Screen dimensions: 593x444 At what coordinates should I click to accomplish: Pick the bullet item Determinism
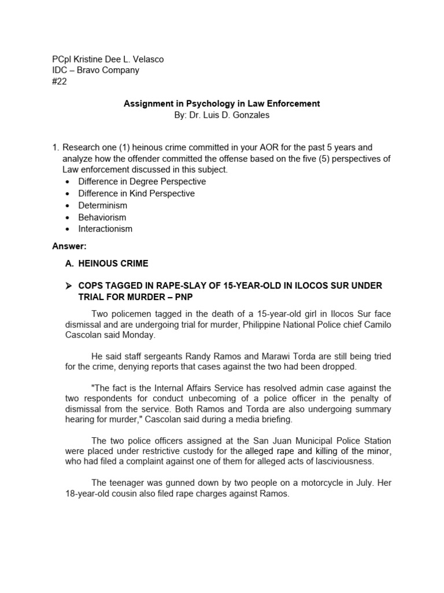pos(103,205)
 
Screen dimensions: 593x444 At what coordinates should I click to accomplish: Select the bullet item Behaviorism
pos(102,217)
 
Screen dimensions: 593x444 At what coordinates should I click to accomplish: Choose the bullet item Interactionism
pos(105,229)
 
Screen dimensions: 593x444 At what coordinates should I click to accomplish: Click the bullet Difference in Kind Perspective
pos(136,193)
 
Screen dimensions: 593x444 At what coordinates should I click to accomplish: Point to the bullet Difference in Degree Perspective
pos(142,181)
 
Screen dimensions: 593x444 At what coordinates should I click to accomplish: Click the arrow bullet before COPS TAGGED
pos(69,286)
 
